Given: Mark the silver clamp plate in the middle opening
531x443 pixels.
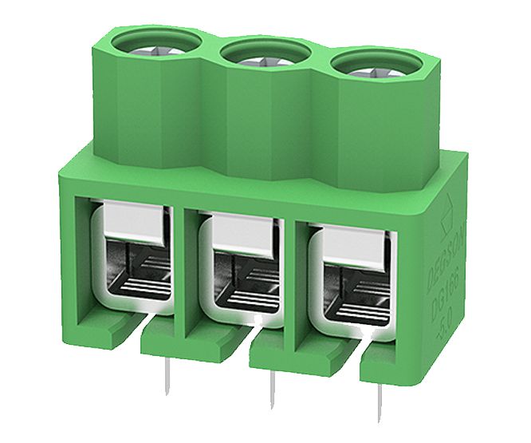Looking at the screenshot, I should pyautogui.click(x=239, y=236).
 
